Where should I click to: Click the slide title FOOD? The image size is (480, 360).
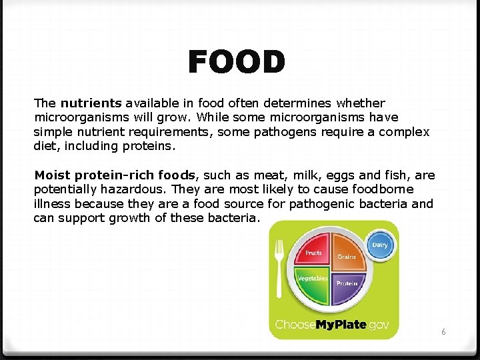[237, 63]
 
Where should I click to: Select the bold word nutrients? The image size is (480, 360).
[91, 103]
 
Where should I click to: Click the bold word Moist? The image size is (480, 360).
[53, 175]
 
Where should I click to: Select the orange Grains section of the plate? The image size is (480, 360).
[347, 255]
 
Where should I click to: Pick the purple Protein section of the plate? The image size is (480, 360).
[346, 283]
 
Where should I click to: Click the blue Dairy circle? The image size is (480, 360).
[379, 245]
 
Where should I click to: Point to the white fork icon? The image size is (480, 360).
[280, 267]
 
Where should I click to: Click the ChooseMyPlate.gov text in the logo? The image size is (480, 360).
[333, 325]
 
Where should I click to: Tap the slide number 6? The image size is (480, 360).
[444, 331]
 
